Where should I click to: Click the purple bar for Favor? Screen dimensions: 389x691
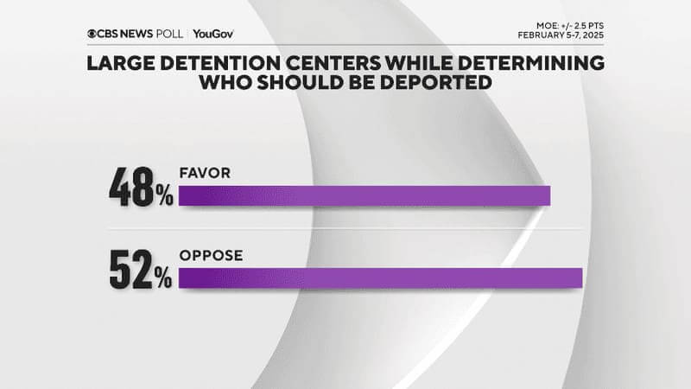[363, 196]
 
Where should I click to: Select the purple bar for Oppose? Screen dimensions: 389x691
[380, 278]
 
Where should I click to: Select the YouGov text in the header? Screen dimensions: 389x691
[213, 34]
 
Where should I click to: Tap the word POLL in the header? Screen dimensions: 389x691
[168, 34]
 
